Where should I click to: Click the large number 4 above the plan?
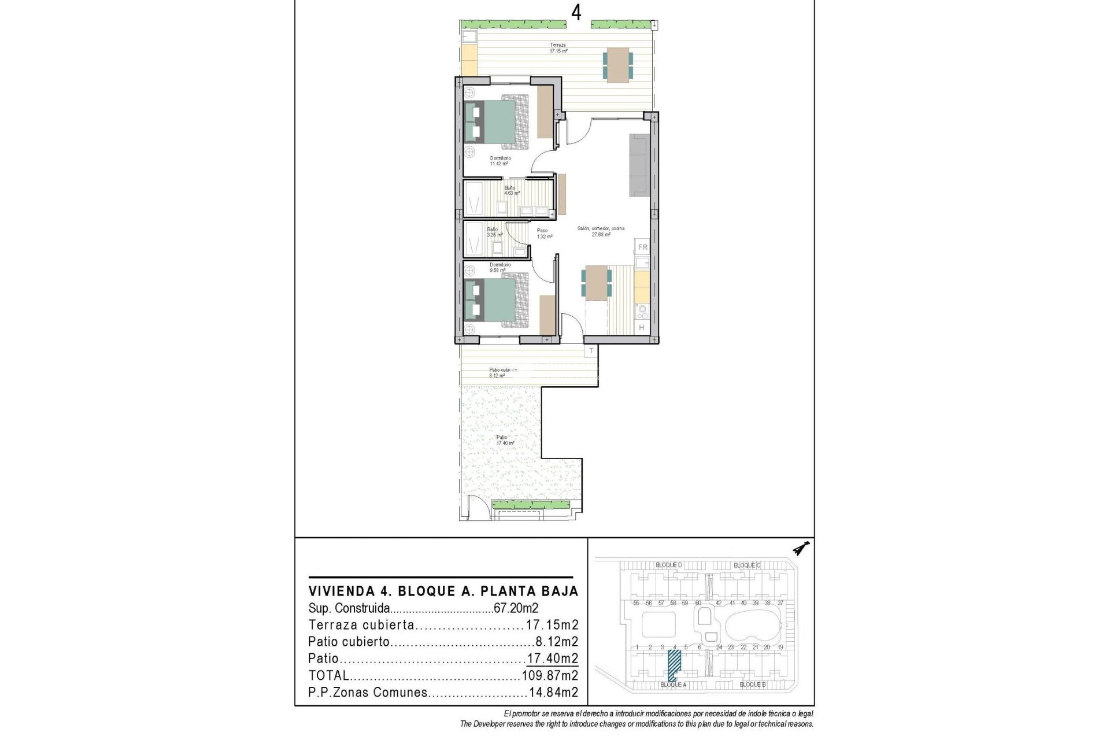pyautogui.click(x=576, y=13)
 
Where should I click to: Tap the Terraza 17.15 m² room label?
pyautogui.click(x=558, y=48)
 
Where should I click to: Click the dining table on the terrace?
pyautogui.click(x=618, y=64)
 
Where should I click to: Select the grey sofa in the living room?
pyautogui.click(x=639, y=165)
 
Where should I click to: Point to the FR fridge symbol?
pyautogui.click(x=642, y=247)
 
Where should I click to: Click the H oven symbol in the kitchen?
pyautogui.click(x=641, y=328)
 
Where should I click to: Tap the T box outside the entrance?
pyautogui.click(x=591, y=351)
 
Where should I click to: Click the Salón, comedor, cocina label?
pyautogui.click(x=601, y=231)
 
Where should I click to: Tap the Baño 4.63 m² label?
pyautogui.click(x=511, y=190)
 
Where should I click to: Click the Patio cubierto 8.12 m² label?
pyautogui.click(x=502, y=372)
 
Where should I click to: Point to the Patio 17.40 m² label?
pyautogui.click(x=504, y=441)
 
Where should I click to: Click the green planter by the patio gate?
pyautogui.click(x=531, y=505)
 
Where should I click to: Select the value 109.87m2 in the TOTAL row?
pyautogui.click(x=550, y=675)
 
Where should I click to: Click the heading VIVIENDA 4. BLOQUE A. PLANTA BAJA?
pyautogui.click(x=443, y=591)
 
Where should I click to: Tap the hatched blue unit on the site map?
pyautogui.click(x=674, y=665)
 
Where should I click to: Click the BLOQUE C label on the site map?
pyautogui.click(x=747, y=565)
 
